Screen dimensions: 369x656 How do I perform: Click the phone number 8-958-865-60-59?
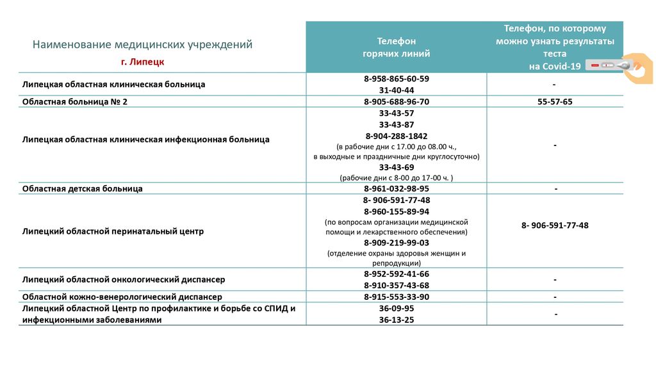click(396, 79)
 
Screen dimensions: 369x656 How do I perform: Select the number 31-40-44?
click(396, 90)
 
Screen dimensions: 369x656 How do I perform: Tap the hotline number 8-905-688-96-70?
click(396, 102)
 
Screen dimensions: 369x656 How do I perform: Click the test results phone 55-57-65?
click(555, 102)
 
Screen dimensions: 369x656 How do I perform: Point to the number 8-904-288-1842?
click(396, 136)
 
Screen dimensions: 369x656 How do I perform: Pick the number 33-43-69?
click(396, 167)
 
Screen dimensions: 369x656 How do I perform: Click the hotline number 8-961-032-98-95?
click(396, 189)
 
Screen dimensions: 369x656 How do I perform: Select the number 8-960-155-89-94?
click(396, 211)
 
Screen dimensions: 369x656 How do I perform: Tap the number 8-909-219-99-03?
click(396, 243)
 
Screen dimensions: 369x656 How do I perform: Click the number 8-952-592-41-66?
click(396, 274)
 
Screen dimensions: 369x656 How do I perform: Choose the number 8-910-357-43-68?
click(396, 285)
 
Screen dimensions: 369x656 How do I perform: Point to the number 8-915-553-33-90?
click(396, 297)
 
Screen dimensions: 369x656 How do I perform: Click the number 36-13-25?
click(396, 320)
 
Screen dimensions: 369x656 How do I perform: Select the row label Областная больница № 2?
click(75, 102)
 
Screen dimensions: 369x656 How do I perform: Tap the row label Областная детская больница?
click(82, 189)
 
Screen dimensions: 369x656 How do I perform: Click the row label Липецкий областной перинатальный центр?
click(113, 231)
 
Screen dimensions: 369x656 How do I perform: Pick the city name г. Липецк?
click(142, 62)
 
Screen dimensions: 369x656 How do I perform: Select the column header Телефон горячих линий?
click(396, 47)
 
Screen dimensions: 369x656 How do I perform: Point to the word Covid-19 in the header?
click(555, 67)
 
